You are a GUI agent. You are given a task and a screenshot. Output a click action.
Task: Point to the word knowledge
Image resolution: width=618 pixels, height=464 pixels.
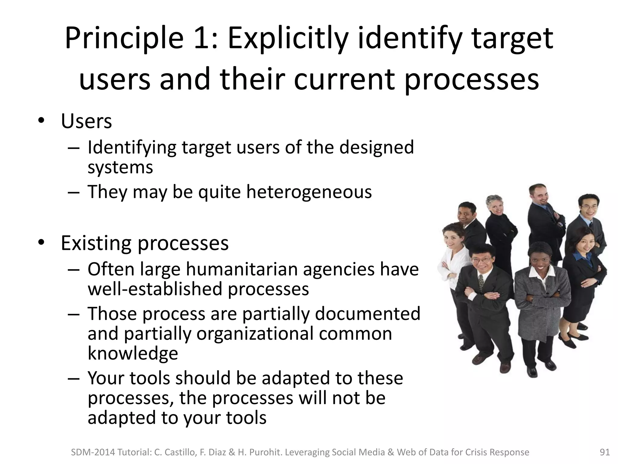pos(133,353)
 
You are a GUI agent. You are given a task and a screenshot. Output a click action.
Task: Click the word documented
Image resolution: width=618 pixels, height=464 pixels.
pos(368,314)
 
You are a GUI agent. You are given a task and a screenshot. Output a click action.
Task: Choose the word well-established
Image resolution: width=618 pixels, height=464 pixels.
pos(155,289)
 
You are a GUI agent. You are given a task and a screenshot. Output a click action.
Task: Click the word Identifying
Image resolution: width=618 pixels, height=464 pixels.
pos(132,147)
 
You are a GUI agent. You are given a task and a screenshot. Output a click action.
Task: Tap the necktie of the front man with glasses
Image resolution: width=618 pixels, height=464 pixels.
pos(481,282)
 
